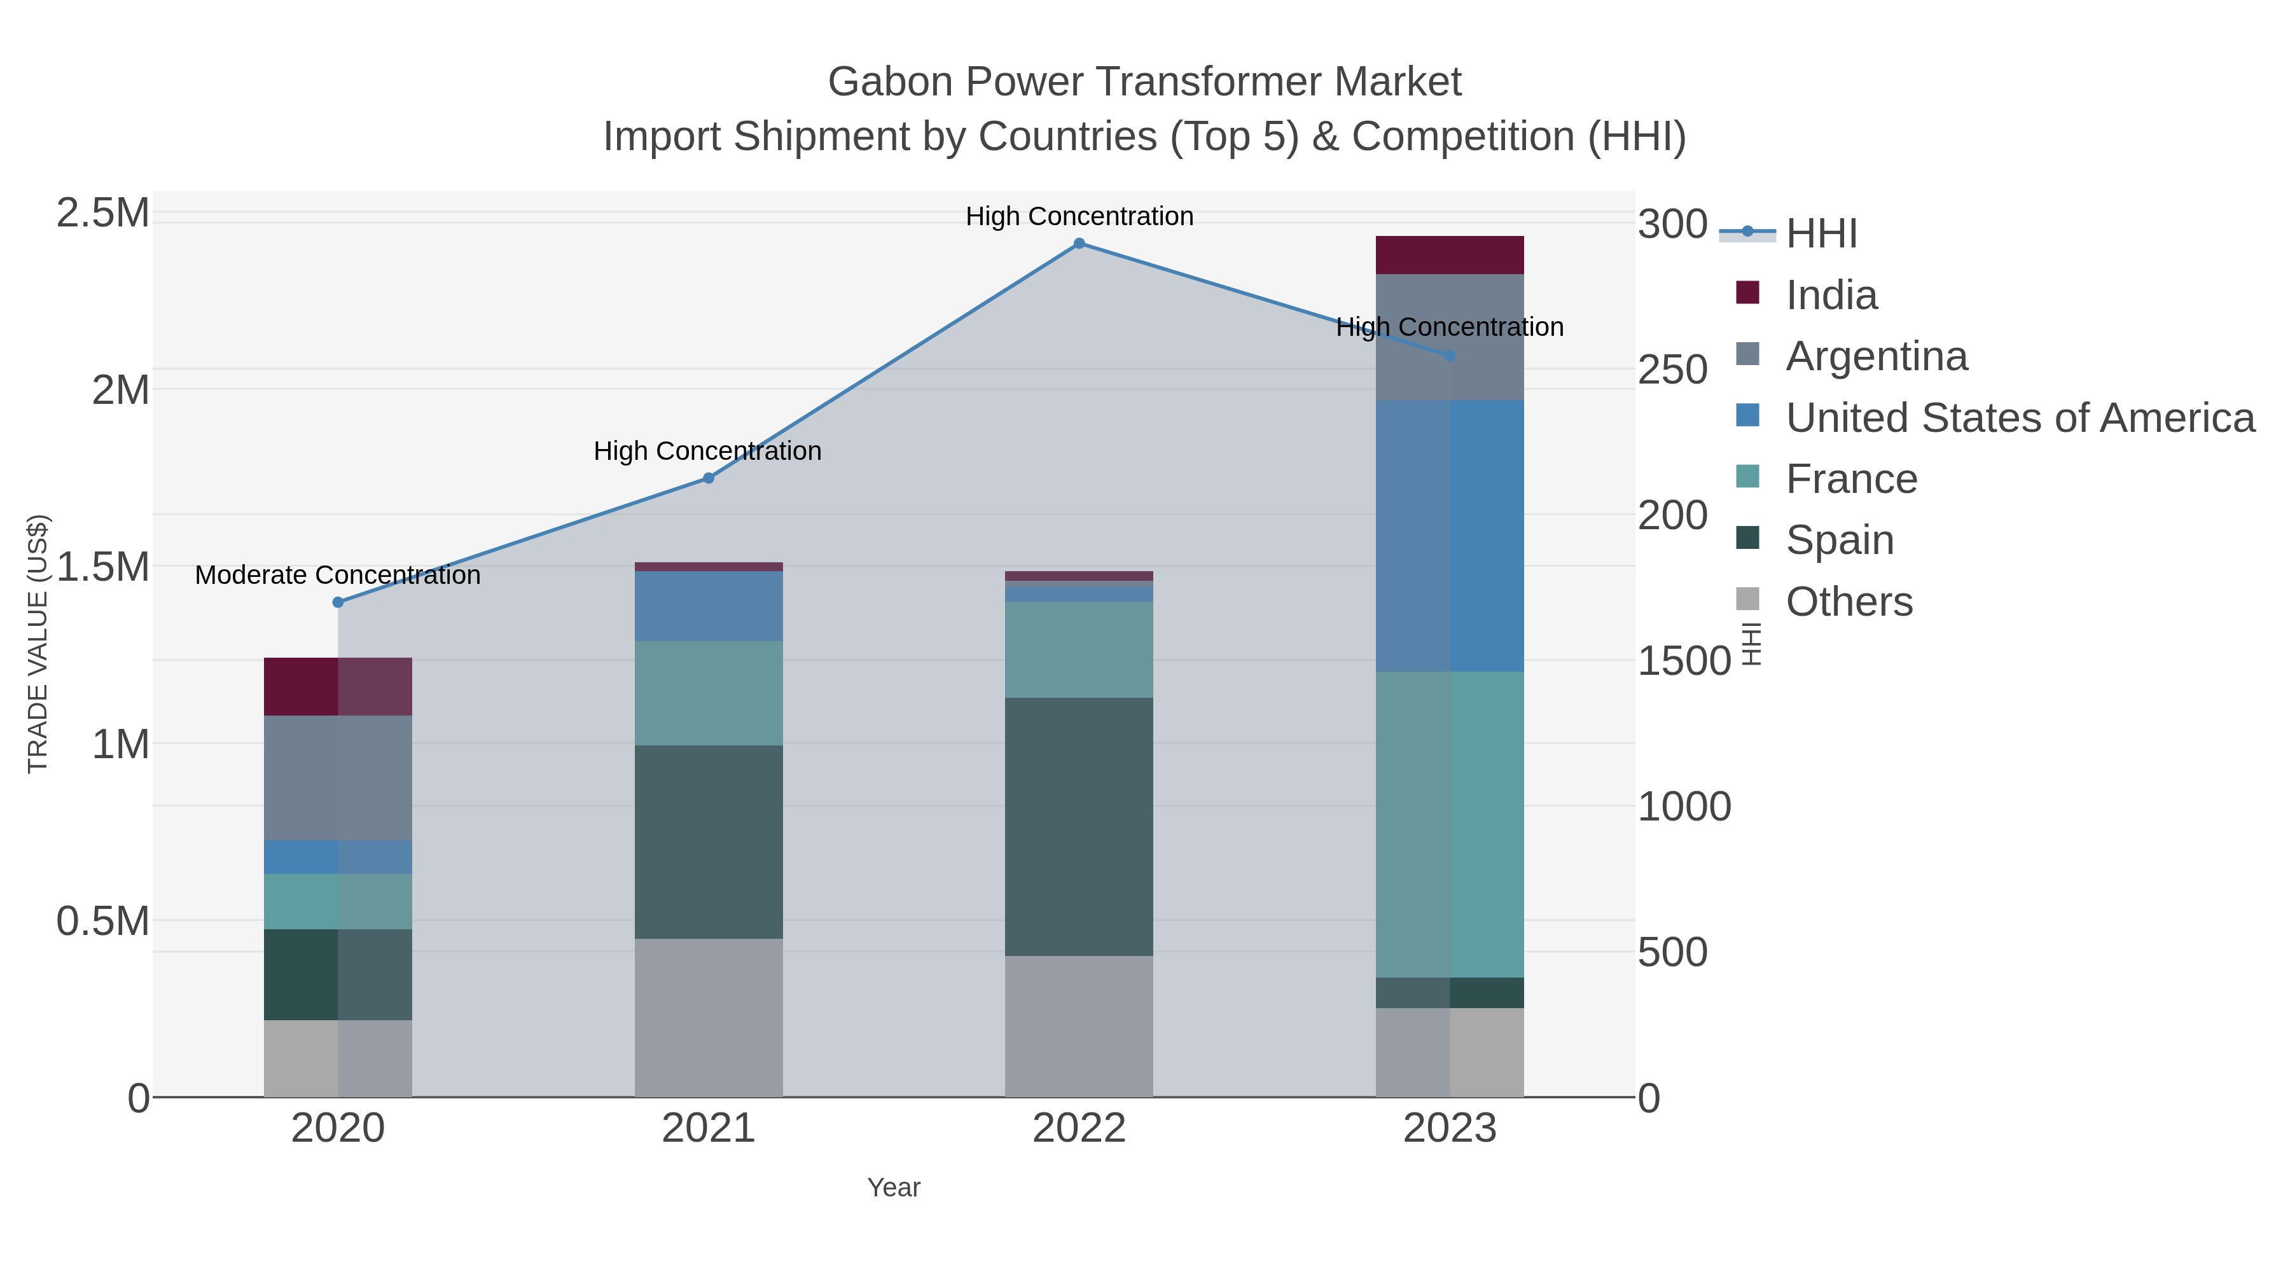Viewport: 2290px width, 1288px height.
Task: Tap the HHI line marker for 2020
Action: (338, 603)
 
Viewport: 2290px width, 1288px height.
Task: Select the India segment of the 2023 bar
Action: (1449, 255)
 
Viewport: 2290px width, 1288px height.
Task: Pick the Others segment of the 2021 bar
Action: (709, 1018)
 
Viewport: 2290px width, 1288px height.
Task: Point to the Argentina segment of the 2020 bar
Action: (338, 778)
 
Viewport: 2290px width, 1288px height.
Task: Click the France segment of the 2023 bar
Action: (1449, 825)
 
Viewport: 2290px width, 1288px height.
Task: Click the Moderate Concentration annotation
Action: (338, 575)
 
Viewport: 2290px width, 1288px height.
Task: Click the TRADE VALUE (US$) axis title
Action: (38, 644)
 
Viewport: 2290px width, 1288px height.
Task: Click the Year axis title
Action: (894, 1188)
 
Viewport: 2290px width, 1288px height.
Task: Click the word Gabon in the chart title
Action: (890, 82)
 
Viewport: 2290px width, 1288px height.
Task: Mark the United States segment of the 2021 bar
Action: (709, 606)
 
